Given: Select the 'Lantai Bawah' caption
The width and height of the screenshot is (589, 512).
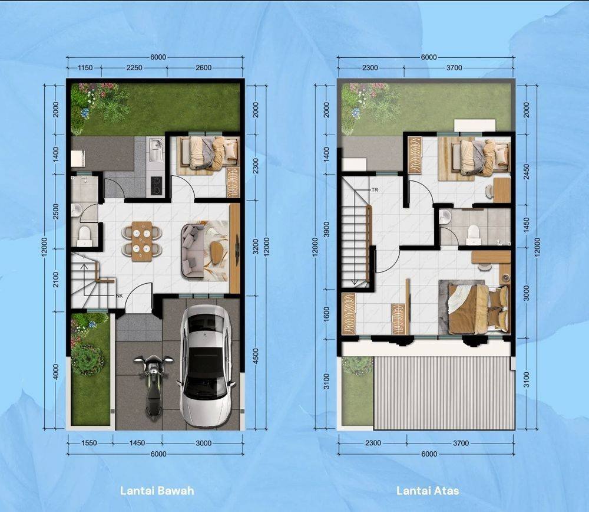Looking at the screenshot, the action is click(x=157, y=491).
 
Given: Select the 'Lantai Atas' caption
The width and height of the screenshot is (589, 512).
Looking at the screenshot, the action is click(x=428, y=491).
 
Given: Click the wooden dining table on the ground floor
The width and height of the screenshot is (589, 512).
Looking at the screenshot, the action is click(x=142, y=241).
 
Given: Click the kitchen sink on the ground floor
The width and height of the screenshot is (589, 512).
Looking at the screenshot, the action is click(x=154, y=147).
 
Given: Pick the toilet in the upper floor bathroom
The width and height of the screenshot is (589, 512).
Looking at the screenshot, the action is click(x=473, y=233).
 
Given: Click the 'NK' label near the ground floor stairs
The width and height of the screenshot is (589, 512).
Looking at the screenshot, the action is click(x=120, y=296).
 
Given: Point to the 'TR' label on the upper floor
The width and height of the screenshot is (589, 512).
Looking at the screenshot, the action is click(x=375, y=190).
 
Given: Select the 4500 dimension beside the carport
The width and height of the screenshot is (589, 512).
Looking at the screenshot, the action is click(x=256, y=356).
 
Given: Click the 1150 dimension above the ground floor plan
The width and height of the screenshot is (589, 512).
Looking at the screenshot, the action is click(x=85, y=68).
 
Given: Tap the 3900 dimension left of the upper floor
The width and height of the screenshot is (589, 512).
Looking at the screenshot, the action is click(x=326, y=229).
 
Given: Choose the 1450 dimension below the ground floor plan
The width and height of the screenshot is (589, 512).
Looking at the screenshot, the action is click(x=137, y=443).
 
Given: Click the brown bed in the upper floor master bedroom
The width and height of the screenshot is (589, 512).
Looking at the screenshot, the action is click(x=475, y=308).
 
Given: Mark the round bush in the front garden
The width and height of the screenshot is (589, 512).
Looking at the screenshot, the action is click(x=87, y=359).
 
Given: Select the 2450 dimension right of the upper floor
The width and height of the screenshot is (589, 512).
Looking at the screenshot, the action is click(x=526, y=172).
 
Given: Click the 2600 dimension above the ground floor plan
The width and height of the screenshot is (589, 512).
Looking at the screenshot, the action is click(x=204, y=68).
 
